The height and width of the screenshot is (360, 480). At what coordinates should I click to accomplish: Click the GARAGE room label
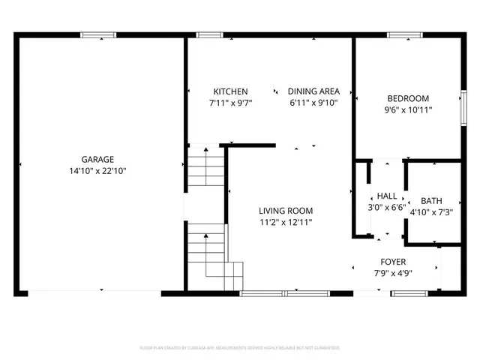tap(97, 159)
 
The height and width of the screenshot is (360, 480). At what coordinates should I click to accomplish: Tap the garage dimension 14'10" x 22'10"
tap(97, 171)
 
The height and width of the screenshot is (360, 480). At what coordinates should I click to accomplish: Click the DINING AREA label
tap(313, 91)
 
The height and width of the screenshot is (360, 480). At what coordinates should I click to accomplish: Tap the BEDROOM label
tap(408, 98)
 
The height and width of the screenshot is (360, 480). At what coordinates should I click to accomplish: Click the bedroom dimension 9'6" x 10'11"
tap(408, 110)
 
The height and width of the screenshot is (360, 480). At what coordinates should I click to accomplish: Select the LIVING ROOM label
tap(286, 211)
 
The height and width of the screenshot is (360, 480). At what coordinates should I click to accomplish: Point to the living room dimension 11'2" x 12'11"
tap(286, 223)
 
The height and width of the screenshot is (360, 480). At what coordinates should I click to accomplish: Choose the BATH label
tap(431, 200)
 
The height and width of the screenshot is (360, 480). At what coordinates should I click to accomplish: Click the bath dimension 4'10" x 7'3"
tap(431, 212)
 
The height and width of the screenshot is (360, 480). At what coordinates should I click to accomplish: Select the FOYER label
tap(394, 262)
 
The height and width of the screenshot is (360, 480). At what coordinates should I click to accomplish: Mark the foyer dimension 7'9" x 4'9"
tap(394, 273)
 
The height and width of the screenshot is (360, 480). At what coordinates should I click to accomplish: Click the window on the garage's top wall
tap(98, 34)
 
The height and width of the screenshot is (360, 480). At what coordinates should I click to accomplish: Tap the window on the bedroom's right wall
tap(462, 103)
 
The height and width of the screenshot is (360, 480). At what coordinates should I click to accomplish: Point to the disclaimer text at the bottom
tap(240, 348)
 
